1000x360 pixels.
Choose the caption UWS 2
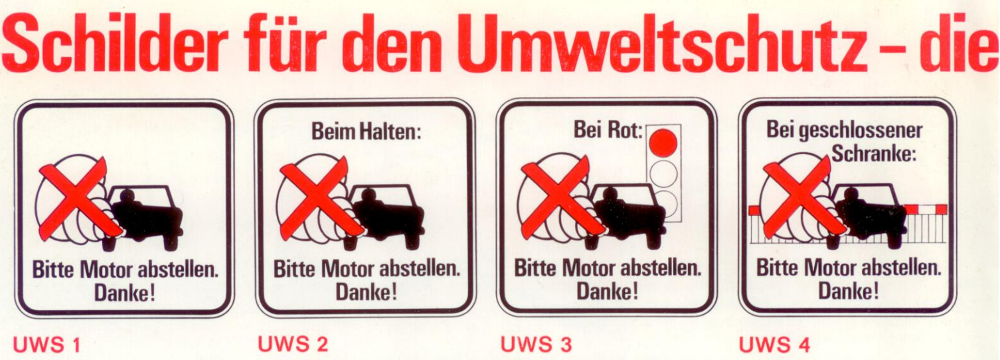pyautogui.click(x=293, y=344)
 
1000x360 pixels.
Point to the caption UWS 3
pyautogui.click(x=536, y=344)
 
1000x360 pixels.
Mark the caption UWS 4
pyautogui.click(x=774, y=345)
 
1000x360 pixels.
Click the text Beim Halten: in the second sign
pyautogui.click(x=366, y=132)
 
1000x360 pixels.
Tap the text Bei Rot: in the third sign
pyautogui.click(x=608, y=130)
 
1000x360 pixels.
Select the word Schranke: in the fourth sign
pyautogui.click(x=874, y=154)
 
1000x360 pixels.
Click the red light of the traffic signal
pyautogui.click(x=663, y=143)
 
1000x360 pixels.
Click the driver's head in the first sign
pyautogui.click(x=127, y=197)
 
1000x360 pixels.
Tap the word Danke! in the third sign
pyautogui.click(x=607, y=291)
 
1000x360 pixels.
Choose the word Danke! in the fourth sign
pyautogui.click(x=848, y=291)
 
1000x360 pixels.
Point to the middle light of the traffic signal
pyautogui.click(x=663, y=173)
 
